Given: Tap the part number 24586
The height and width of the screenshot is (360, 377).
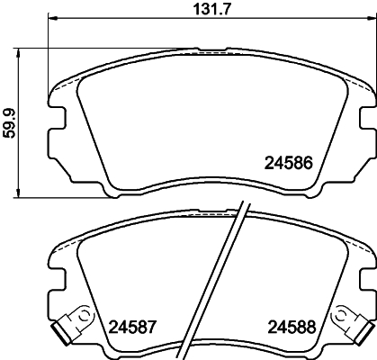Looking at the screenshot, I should (288, 164).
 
